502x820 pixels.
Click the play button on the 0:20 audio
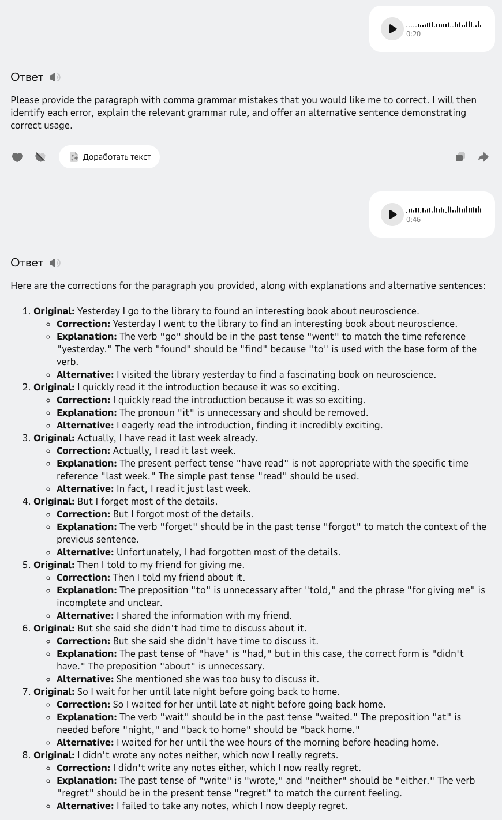[392, 29]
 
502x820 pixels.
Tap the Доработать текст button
[109, 157]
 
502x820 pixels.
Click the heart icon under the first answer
[17, 157]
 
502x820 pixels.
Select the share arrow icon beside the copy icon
[484, 157]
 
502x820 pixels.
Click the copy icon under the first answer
[460, 157]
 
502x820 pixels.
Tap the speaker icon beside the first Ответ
[55, 77]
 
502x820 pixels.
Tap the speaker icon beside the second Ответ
[55, 263]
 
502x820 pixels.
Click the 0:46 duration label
[413, 220]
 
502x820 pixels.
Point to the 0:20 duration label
[413, 34]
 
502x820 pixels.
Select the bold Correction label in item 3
[83, 450]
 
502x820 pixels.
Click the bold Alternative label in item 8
[85, 806]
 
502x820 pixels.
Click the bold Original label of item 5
[54, 565]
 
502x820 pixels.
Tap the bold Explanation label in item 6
[87, 653]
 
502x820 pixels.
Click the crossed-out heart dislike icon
[40, 157]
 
